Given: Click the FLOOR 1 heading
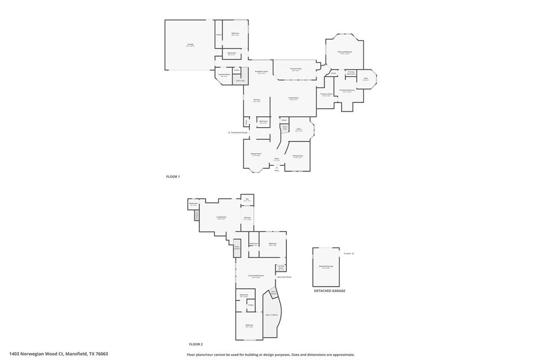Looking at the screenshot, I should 173,177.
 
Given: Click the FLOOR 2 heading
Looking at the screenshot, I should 196,344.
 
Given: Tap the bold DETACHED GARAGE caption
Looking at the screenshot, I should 329,291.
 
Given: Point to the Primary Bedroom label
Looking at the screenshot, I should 345,52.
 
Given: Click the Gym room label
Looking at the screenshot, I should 366,79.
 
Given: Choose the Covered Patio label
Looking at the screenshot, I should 296,69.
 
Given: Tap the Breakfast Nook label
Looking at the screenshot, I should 262,71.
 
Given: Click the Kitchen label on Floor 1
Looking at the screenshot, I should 257,99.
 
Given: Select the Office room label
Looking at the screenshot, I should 299,129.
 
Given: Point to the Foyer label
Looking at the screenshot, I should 276,158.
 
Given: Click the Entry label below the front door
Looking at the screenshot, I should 276,170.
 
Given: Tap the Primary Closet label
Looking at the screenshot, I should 327,94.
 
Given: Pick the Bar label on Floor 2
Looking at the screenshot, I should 247,199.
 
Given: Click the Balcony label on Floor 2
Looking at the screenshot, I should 247,217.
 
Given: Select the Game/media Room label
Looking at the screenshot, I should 256,276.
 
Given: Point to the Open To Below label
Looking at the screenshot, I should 272,315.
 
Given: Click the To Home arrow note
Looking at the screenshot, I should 349,253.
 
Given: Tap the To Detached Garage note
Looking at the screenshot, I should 238,132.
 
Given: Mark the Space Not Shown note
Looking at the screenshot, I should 284,277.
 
